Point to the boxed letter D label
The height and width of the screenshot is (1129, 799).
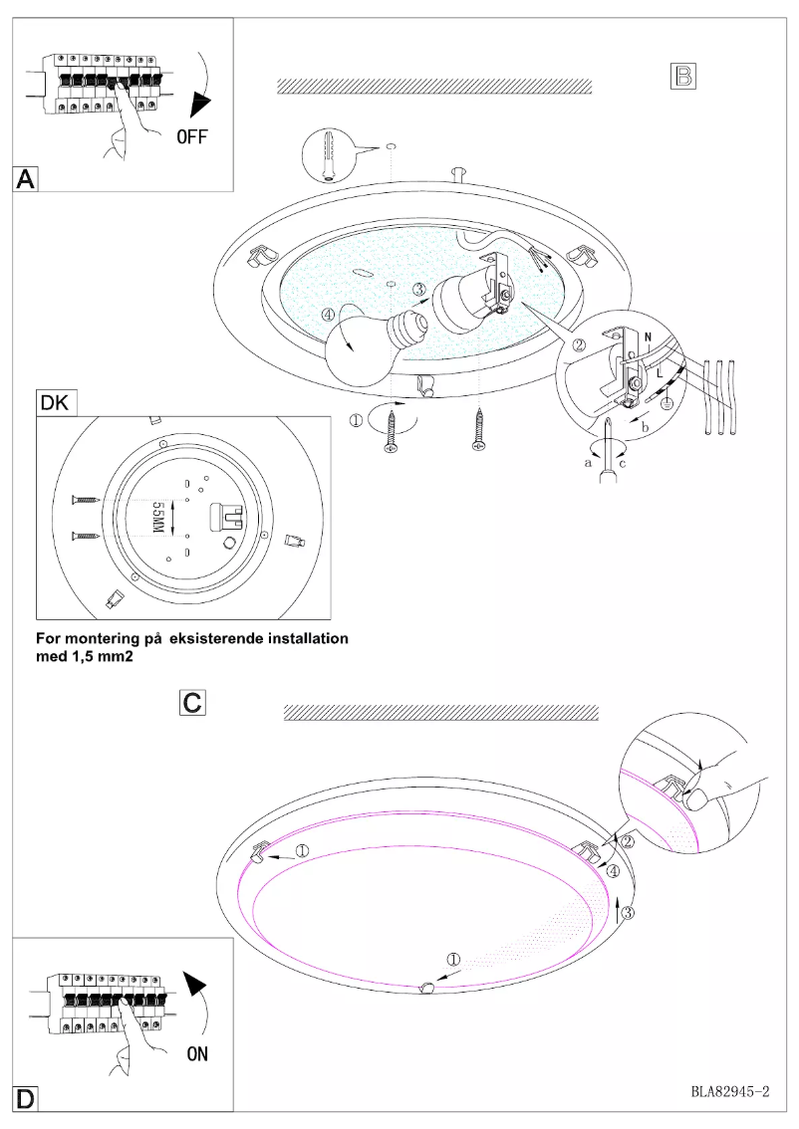click(27, 1098)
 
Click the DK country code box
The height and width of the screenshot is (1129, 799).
click(56, 404)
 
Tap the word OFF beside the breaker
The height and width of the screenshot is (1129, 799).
click(192, 136)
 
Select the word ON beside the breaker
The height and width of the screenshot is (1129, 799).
click(196, 1052)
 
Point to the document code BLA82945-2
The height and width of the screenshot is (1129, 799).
click(730, 1091)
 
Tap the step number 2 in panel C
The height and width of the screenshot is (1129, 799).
click(628, 841)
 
